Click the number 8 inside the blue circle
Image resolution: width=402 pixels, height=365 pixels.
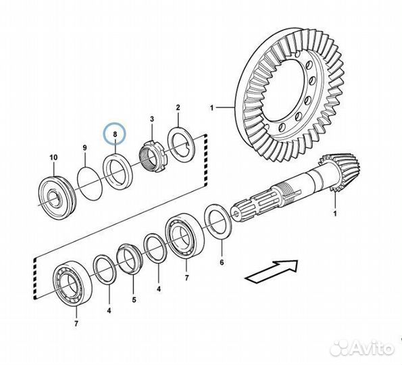coord(115,134)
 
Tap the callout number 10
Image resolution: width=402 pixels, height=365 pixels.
coord(53,157)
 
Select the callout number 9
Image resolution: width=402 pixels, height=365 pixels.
coord(85,148)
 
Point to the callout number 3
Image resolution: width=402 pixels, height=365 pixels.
coord(152,119)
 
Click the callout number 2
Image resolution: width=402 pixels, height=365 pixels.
coord(178,107)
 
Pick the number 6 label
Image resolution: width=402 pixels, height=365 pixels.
coord(222,262)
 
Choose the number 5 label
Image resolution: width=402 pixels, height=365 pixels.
coord(134,299)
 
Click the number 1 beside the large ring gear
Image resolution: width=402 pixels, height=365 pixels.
coord(211,108)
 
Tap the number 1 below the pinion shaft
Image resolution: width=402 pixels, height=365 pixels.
coord(334,214)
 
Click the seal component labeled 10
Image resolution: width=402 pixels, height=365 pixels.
coord(57,197)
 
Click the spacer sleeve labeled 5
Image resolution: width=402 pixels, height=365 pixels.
coord(129,258)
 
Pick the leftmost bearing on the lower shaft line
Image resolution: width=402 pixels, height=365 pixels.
coord(74,283)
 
